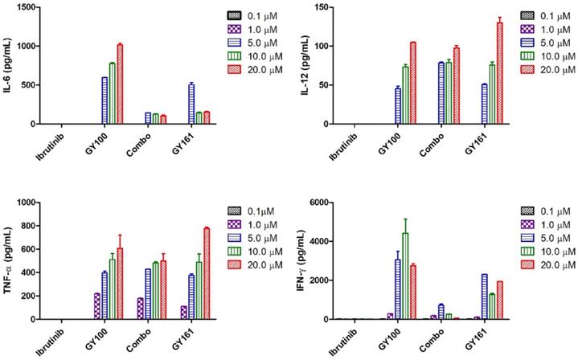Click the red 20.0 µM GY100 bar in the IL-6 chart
click(121, 84)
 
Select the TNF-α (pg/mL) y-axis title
click(9, 261)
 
